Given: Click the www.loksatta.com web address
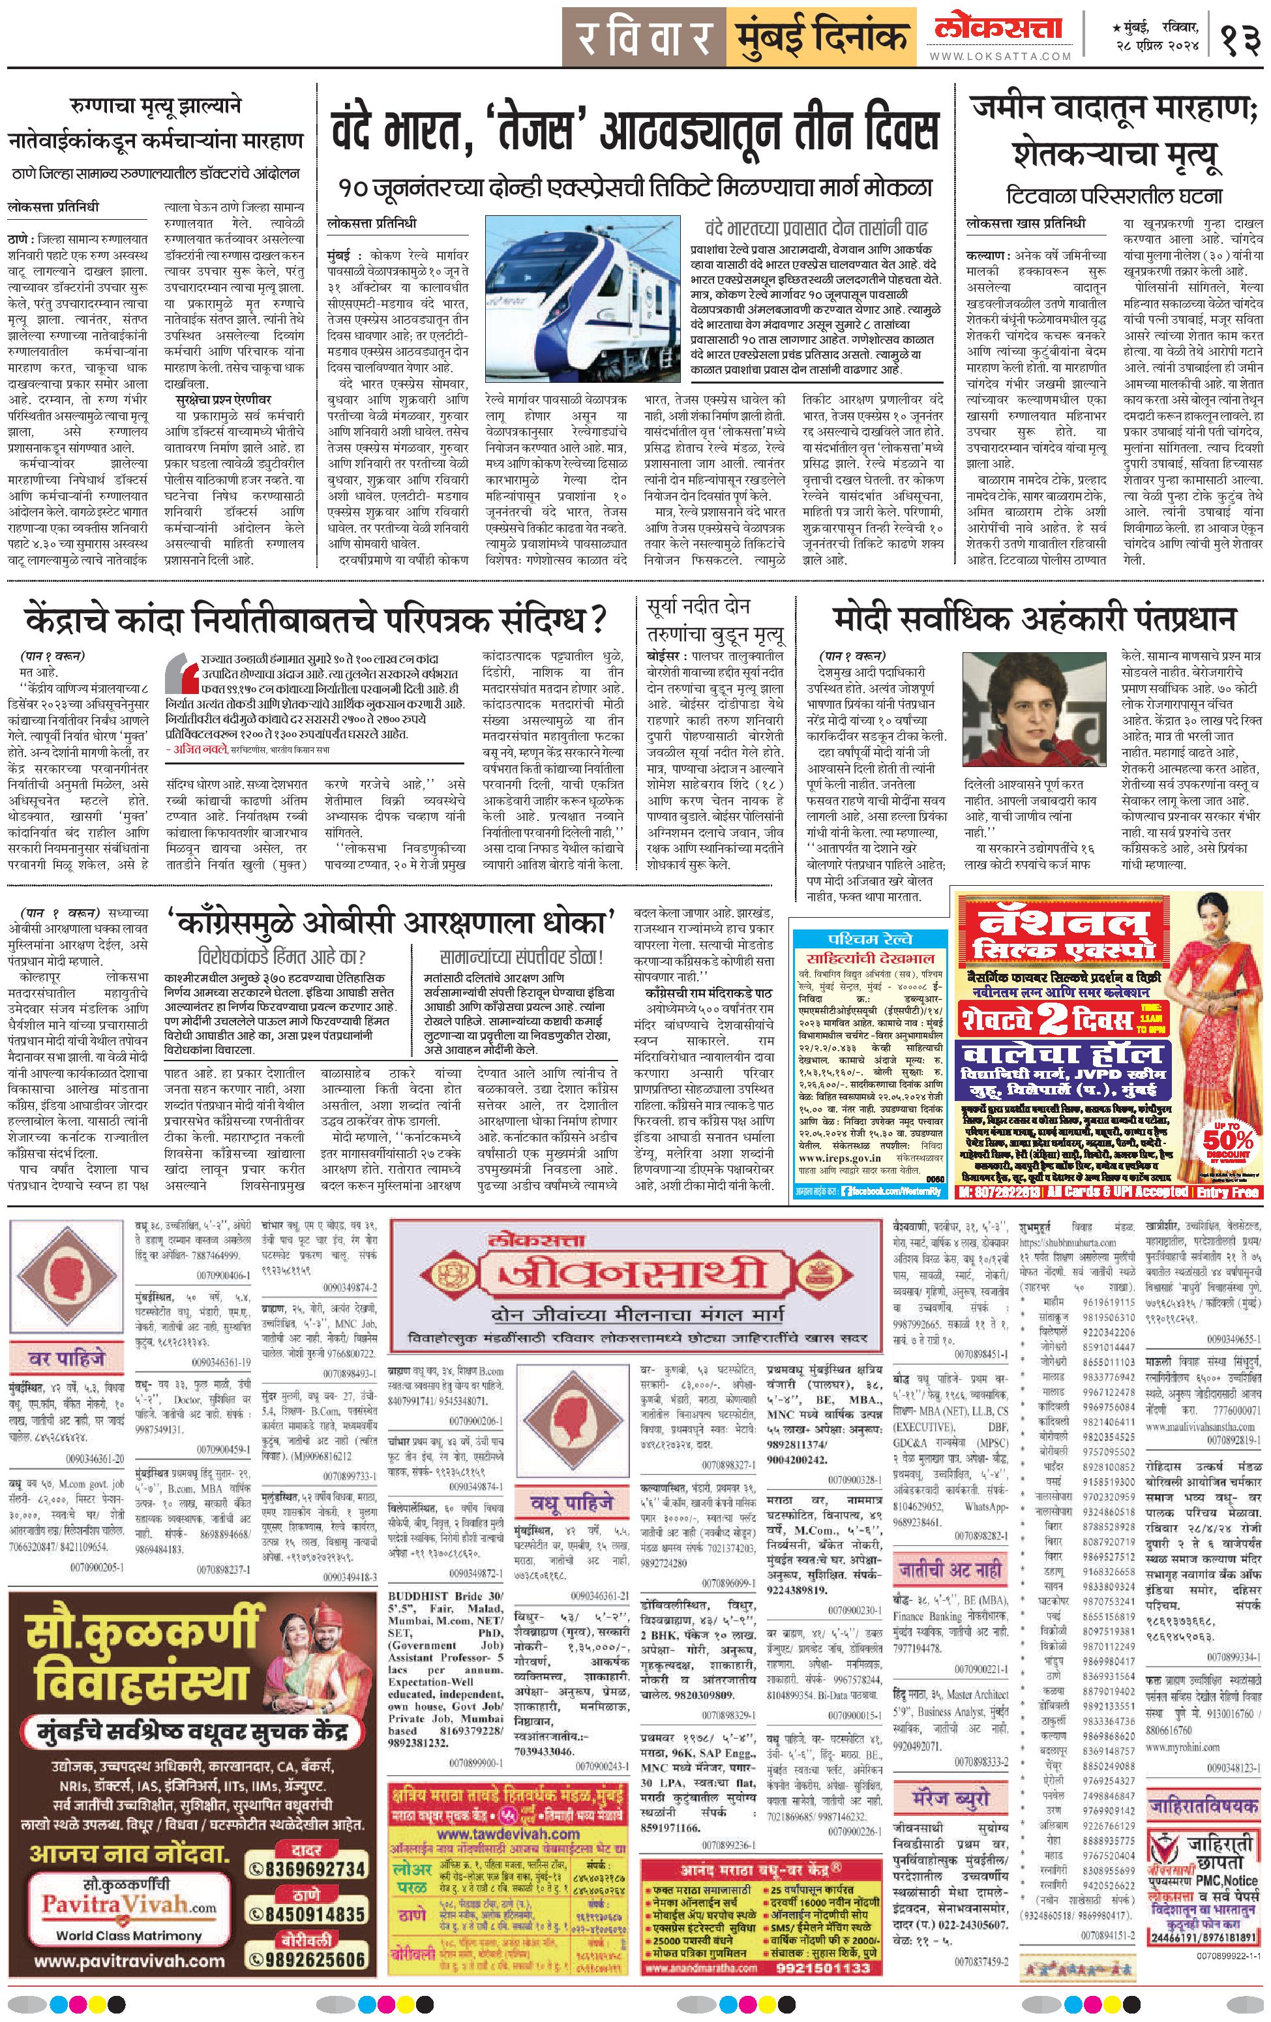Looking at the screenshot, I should point(1000,56).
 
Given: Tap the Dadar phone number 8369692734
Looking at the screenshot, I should point(315,1846).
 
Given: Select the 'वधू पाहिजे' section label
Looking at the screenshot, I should point(570,1502).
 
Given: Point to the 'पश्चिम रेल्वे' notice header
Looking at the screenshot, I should point(869,938).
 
